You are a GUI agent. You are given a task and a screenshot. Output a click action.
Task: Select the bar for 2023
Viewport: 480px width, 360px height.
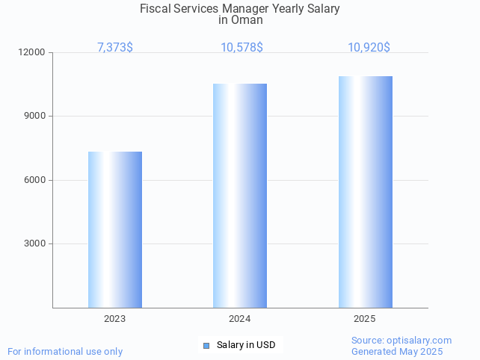coord(115,229)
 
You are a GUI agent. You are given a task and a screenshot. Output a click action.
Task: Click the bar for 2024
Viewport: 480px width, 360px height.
coord(240,196)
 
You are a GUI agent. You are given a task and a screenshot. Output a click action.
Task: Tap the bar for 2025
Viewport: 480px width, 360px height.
coord(365,192)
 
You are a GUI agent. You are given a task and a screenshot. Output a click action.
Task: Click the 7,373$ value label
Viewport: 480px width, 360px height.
coord(115,48)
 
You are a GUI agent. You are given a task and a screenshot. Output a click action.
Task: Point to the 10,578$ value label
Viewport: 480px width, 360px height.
coord(241,48)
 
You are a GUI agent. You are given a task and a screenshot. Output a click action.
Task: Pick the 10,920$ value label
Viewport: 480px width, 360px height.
coord(369,48)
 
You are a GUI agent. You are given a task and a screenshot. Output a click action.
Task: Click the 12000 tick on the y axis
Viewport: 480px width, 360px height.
coord(33,53)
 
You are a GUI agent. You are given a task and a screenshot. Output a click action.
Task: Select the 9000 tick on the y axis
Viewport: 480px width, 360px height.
coord(35,117)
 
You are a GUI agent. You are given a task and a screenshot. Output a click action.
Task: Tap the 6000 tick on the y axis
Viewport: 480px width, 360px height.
coord(35,180)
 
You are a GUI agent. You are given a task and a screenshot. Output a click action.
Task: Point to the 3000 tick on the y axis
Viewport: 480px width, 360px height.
coord(35,243)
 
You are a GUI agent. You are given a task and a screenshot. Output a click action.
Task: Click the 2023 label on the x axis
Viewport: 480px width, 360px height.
coord(115,319)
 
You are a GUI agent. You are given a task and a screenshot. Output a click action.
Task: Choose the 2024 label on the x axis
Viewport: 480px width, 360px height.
coord(240,319)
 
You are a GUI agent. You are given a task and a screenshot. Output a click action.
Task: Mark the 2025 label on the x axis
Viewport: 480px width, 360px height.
coord(365,319)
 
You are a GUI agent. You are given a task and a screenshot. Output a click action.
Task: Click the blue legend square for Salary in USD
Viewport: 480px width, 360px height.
coord(206,345)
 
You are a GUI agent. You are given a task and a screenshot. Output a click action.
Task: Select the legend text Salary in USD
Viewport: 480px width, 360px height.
coord(246,345)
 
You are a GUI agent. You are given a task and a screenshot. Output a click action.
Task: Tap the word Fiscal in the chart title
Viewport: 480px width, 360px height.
coord(155,9)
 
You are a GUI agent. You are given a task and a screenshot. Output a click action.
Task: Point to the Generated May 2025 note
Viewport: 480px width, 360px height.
coord(397,352)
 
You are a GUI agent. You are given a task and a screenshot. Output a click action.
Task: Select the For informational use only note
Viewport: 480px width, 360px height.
coord(65,352)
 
